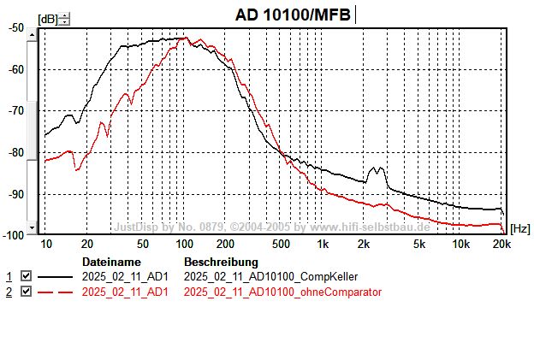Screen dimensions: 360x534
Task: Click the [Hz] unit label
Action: (x=519, y=228)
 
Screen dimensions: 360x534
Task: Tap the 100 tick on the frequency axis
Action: (x=185, y=244)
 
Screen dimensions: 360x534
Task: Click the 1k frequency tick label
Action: (x=323, y=244)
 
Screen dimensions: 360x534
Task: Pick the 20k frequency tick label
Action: (x=501, y=244)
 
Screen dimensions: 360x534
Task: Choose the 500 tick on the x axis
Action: (x=281, y=244)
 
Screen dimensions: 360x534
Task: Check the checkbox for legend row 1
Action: (x=26, y=277)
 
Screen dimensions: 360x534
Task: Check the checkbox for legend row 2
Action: (x=26, y=292)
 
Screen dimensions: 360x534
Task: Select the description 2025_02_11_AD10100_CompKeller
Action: (x=270, y=277)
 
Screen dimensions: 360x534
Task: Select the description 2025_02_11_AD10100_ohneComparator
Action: (x=282, y=292)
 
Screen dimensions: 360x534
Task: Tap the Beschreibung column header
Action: (x=221, y=261)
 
